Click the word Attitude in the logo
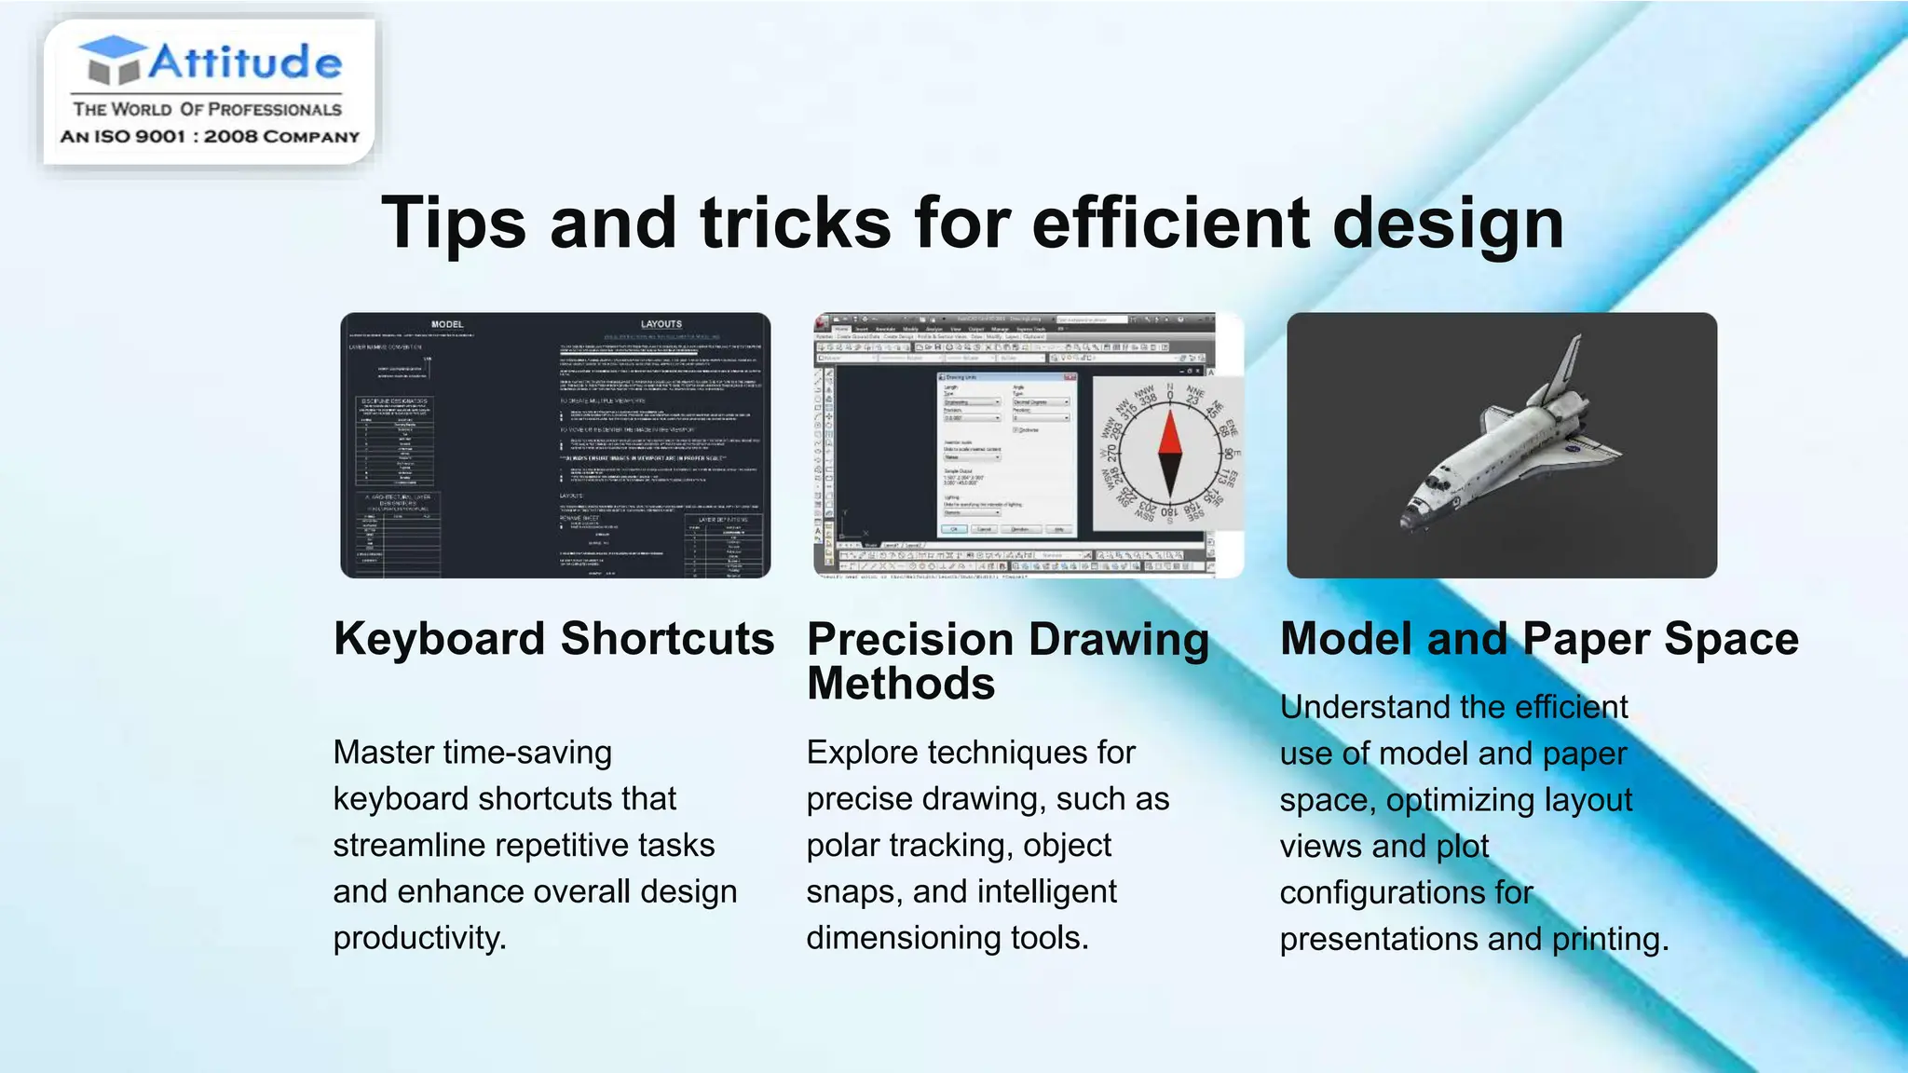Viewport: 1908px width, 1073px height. tap(245, 61)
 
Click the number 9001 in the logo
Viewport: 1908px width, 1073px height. tap(160, 136)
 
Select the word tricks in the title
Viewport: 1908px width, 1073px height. tap(796, 224)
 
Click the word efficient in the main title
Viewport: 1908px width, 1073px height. tap(1170, 224)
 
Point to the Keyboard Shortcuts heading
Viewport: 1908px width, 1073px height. tap(553, 639)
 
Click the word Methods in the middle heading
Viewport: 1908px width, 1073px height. tap(901, 684)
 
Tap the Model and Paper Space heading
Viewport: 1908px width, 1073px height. tap(1538, 639)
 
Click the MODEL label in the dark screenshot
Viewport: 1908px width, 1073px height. tap(447, 324)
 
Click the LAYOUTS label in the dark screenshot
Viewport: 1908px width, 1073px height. tap(661, 324)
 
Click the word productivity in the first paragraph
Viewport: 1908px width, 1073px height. tap(418, 938)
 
